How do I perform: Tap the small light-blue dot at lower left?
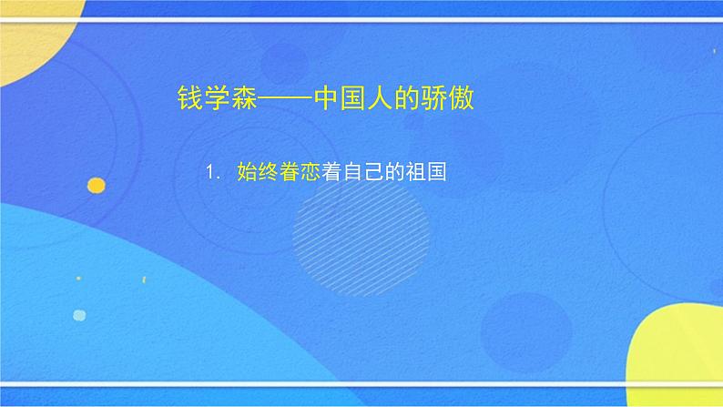(x=79, y=315)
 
